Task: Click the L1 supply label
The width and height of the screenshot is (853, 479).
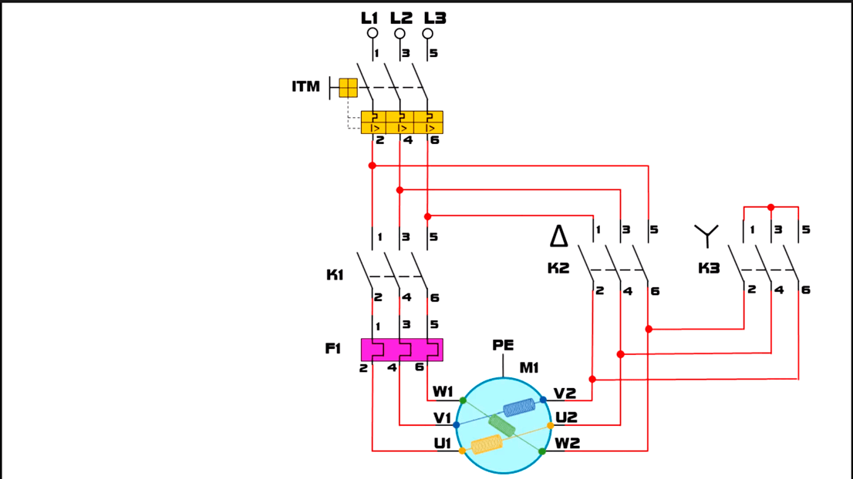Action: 369,18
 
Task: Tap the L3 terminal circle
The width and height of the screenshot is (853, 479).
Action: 427,34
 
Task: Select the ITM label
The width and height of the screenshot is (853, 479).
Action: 305,86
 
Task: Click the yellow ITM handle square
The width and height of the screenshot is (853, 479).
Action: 348,88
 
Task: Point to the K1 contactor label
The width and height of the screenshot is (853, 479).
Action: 335,275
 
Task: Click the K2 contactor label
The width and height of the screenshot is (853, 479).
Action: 558,268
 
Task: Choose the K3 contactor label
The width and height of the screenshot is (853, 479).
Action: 709,268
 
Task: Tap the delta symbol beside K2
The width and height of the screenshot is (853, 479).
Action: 558,236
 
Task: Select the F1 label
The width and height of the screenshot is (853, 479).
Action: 333,348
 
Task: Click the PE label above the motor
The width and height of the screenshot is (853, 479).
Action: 503,345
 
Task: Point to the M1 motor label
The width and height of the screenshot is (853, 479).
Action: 529,367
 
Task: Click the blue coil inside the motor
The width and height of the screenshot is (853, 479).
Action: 520,407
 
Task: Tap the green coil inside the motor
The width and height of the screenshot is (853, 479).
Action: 501,426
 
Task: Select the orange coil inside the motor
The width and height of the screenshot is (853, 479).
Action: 487,444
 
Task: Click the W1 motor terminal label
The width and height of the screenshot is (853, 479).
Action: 443,391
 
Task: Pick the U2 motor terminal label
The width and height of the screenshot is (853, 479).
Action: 566,417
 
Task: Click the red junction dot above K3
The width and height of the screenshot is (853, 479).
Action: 770,207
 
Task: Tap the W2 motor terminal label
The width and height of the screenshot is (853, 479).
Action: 567,443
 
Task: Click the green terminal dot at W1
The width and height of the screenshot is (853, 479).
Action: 463,400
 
